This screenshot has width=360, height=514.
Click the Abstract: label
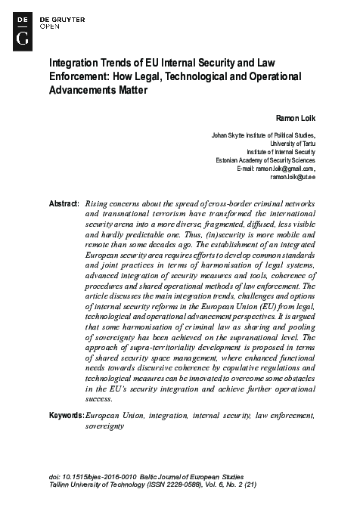pyautogui.click(x=64, y=205)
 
